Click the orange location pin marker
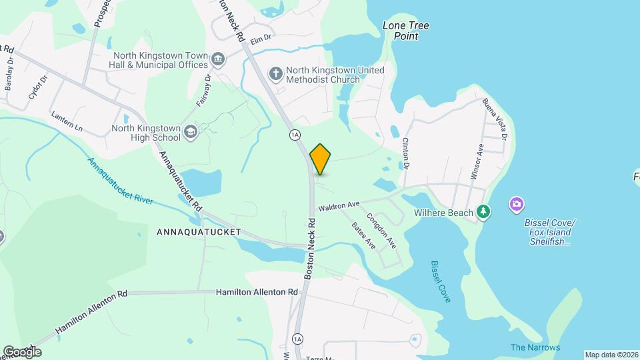[x=321, y=159]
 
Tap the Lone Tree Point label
[x=405, y=31]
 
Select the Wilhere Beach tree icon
[x=484, y=213]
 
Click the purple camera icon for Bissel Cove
[x=516, y=204]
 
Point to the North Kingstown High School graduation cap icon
[x=191, y=131]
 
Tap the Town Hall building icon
[x=217, y=61]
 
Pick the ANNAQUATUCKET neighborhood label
[x=198, y=233]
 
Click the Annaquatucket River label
[x=120, y=181]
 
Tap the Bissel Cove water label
[x=441, y=281]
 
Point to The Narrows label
[x=535, y=347]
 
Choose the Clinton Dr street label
[x=405, y=153]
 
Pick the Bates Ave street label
[x=363, y=235]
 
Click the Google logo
[x=22, y=351]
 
